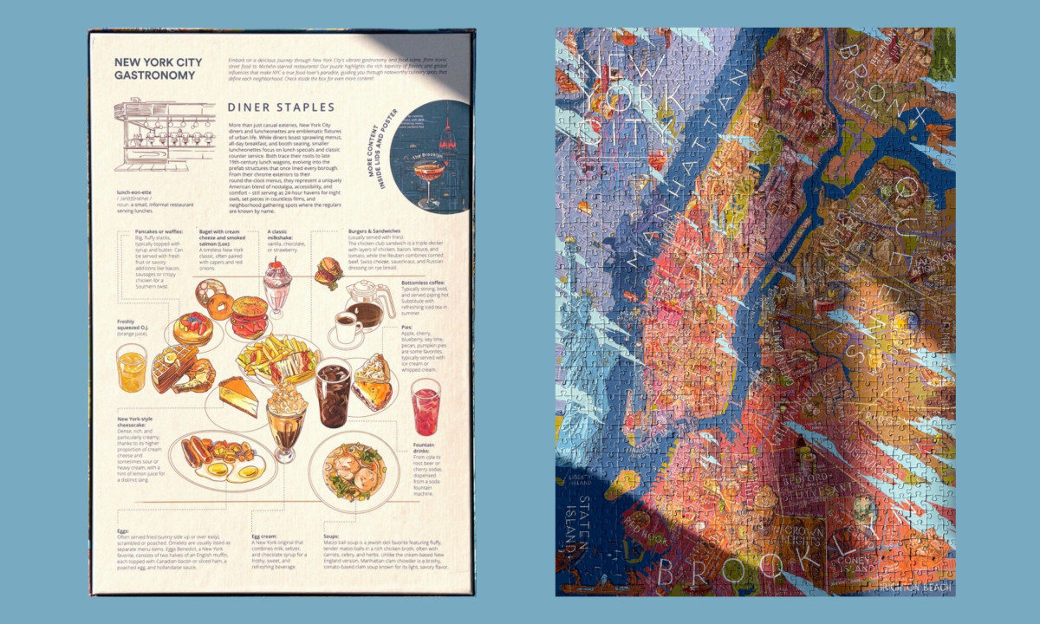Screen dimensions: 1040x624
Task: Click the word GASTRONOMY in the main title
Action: (153, 75)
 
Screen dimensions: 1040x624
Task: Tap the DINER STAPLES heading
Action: (281, 107)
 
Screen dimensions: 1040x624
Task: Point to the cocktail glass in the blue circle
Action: (428, 179)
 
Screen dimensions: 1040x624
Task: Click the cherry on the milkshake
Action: (277, 268)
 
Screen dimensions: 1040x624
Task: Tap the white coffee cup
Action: (348, 328)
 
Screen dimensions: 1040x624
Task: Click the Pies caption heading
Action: (407, 328)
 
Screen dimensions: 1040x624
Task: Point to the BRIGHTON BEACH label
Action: (915, 588)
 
